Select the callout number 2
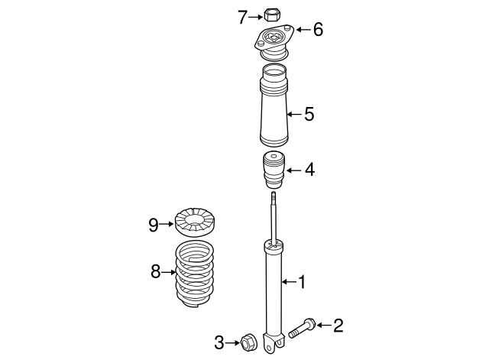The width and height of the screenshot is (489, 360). tap(337, 326)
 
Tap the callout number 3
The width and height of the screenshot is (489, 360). tap(219, 342)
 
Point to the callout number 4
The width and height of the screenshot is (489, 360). tap(309, 170)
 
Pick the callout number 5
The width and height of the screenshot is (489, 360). tap(309, 115)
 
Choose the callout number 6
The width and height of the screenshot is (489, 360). tap(318, 30)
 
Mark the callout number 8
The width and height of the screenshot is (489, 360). tap(155, 271)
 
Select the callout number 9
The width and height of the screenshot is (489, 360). tap(154, 224)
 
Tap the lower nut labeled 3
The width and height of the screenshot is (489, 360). tap(249, 342)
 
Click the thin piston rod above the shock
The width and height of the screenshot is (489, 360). tap(274, 218)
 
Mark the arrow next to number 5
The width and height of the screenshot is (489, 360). tap(292, 115)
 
